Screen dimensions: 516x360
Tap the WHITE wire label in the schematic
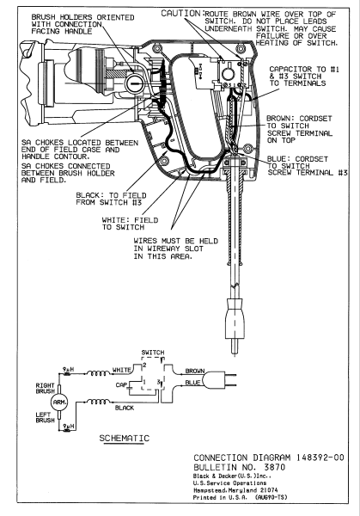click(x=120, y=369)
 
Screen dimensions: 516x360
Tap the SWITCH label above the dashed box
click(x=154, y=353)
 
